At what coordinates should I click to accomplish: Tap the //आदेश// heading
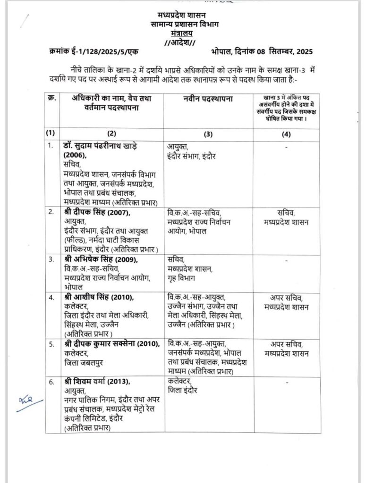tap(183, 42)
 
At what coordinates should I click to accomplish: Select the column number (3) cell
tap(208, 134)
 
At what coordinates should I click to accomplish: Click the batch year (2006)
tap(75, 155)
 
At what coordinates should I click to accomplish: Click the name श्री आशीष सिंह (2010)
tap(99, 297)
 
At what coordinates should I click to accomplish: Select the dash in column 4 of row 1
tap(287, 147)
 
